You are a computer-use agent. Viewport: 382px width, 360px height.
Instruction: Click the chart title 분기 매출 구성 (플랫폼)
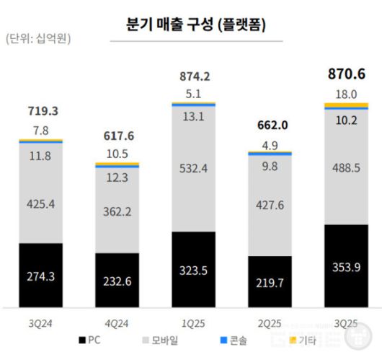pyautogui.click(x=192, y=25)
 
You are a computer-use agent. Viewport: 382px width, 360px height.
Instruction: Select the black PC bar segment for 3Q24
pyautogui.click(x=41, y=275)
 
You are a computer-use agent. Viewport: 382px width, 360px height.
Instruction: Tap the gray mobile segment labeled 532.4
pyautogui.click(x=194, y=170)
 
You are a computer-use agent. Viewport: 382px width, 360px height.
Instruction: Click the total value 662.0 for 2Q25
pyautogui.click(x=270, y=125)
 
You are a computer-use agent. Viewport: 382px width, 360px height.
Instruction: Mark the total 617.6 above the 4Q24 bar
pyautogui.click(x=117, y=136)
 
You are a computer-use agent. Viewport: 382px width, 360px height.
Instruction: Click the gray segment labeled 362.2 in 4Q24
pyautogui.click(x=117, y=212)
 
